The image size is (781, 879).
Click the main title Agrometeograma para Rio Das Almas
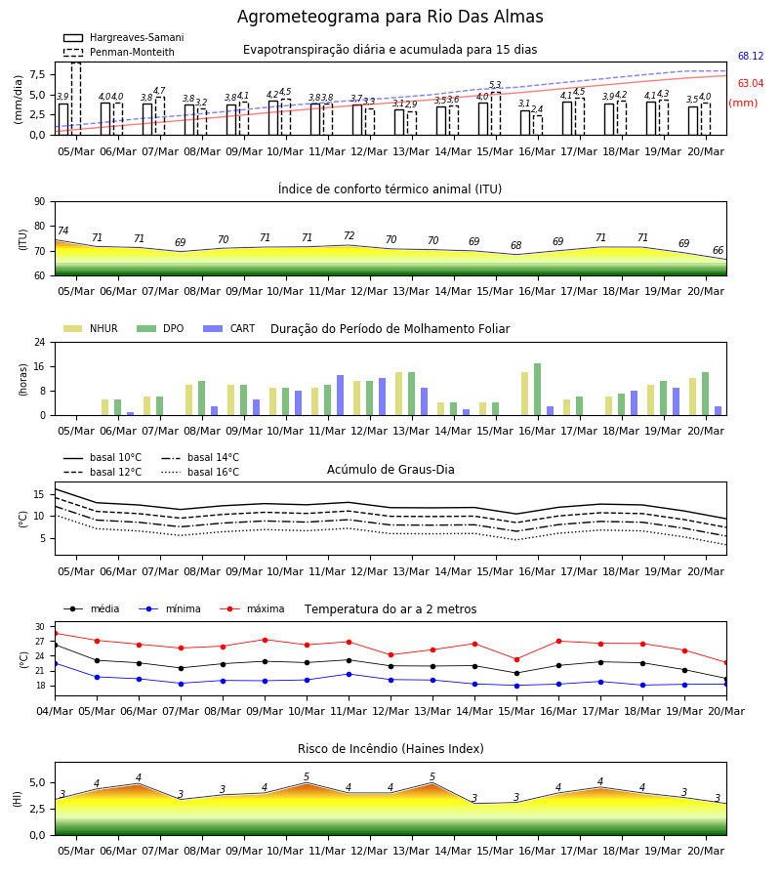tap(390, 17)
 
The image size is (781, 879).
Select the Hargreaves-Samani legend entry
tap(123, 37)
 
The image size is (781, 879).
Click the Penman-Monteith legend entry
tap(119, 52)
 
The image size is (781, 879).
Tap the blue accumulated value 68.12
tap(751, 56)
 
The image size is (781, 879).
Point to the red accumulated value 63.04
tap(751, 84)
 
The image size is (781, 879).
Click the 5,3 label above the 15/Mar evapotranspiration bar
tap(495, 85)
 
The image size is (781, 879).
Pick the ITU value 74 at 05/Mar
tap(62, 230)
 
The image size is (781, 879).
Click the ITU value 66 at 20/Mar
tap(718, 250)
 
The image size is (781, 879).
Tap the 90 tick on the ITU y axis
tap(40, 202)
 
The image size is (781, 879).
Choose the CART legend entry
tap(229, 328)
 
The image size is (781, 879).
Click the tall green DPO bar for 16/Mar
tap(537, 390)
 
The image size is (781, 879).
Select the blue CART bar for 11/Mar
tap(340, 396)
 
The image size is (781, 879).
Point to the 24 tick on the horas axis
tap(40, 342)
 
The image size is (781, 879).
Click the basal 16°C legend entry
tap(200, 472)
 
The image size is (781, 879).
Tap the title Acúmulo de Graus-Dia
tap(390, 470)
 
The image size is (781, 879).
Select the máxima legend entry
tap(252, 608)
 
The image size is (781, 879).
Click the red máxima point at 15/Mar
tap(516, 659)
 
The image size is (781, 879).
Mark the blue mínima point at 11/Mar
tap(349, 674)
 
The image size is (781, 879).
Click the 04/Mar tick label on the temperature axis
tap(55, 711)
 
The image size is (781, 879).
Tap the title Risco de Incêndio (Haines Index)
tap(390, 749)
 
